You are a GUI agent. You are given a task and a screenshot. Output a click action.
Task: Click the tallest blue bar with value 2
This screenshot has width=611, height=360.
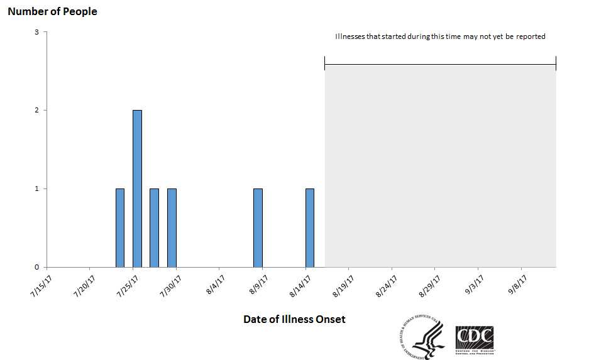pos(137,188)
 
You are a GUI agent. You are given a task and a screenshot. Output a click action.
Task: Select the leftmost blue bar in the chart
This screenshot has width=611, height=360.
pos(120,227)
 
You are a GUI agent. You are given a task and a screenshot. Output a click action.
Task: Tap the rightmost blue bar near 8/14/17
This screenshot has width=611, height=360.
pos(310,227)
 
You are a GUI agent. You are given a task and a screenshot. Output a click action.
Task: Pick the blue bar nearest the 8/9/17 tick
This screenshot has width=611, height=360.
pos(258,227)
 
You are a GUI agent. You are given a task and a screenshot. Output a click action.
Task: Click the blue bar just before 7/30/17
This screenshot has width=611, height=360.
pos(172,227)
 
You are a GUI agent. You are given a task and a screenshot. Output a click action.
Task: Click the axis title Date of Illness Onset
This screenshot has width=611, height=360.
pos(294,319)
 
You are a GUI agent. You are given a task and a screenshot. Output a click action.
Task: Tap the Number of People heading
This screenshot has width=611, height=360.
pos(52,11)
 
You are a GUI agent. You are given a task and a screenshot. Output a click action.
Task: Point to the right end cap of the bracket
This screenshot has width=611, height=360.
pos(556,63)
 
